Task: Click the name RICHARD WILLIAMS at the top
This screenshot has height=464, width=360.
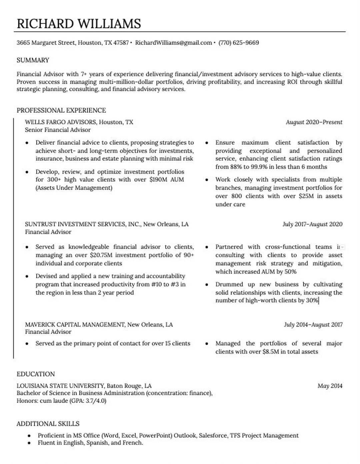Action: tap(79, 24)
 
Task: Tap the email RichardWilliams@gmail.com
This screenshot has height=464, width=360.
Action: tap(173, 43)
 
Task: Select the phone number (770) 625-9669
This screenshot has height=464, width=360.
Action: tap(239, 43)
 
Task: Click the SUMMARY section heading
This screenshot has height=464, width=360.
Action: tap(33, 60)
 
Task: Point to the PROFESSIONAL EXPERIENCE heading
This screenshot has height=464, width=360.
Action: tap(61, 110)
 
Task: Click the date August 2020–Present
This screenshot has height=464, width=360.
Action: tap(314, 122)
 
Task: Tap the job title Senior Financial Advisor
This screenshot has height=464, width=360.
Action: tap(58, 130)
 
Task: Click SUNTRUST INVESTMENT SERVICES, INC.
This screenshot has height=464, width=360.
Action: tap(83, 224)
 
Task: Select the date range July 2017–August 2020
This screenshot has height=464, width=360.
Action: tap(312, 224)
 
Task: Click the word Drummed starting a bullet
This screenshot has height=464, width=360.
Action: tap(228, 285)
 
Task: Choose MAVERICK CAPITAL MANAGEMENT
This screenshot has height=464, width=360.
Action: tap(75, 325)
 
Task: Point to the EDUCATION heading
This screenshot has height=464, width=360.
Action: tap(36, 374)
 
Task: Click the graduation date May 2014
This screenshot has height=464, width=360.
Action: tap(330, 386)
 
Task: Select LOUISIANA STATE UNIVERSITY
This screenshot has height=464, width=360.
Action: tap(60, 386)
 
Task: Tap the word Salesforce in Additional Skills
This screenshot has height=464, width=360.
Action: tap(213, 436)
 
